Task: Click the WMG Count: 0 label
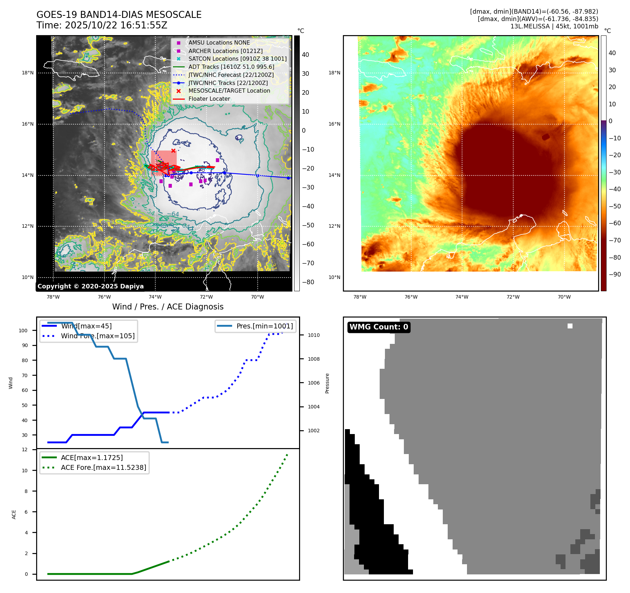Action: [x=379, y=327]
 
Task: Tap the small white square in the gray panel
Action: [x=570, y=326]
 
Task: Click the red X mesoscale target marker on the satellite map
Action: [x=173, y=151]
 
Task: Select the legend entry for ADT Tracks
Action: [x=231, y=67]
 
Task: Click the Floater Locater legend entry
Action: [x=209, y=99]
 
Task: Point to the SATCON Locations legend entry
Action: [x=237, y=59]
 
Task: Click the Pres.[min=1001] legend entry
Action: [x=264, y=326]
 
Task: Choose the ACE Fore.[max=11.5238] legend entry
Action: [x=103, y=467]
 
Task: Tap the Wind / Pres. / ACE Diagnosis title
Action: [x=168, y=307]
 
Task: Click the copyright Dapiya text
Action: [x=90, y=286]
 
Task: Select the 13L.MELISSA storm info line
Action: [x=554, y=26]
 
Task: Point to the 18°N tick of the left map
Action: [x=28, y=73]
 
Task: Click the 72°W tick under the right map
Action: [x=513, y=297]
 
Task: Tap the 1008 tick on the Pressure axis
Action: [x=313, y=359]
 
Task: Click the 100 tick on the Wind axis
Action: [x=23, y=331]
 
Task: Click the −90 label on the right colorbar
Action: [x=615, y=274]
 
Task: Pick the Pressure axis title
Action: [x=327, y=383]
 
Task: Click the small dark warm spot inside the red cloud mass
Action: [x=546, y=137]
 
